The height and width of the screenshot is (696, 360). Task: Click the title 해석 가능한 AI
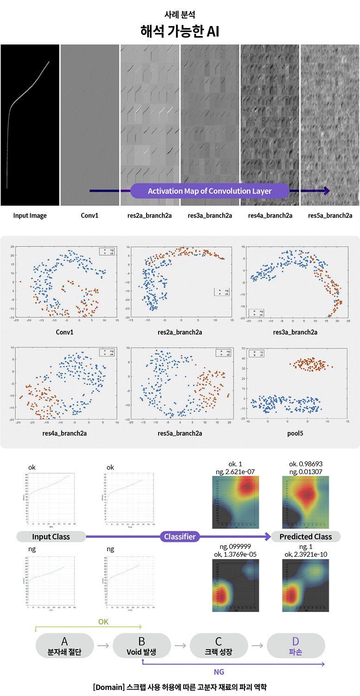180,32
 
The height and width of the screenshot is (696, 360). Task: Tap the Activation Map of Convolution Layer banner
210,191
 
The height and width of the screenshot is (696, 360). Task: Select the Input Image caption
30,215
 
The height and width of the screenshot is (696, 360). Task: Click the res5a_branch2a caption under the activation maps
330,215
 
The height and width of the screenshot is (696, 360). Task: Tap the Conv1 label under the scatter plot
64,332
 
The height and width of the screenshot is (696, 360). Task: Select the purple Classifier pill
180,537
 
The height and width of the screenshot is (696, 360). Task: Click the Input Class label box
51,537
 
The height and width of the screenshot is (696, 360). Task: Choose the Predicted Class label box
306,537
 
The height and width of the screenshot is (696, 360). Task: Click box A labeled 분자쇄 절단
64,645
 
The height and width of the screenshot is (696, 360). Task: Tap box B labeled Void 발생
141,645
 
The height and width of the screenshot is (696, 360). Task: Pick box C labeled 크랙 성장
219,645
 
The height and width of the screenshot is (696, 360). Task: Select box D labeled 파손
296,645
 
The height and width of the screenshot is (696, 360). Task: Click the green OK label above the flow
103,621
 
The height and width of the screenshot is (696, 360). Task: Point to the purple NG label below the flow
219,671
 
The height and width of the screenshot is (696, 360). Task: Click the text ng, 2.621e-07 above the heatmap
232,471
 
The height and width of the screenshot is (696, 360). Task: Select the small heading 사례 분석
180,14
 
